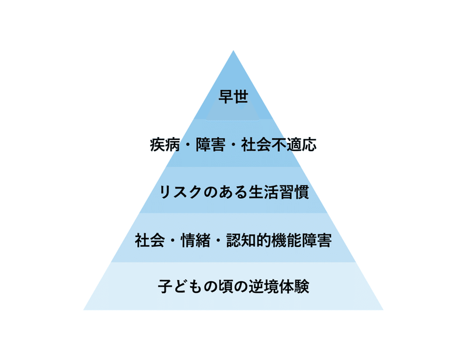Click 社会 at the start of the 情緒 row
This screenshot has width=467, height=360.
point(149,240)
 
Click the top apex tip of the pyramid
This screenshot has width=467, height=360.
point(233,51)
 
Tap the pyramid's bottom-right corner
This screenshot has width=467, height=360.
point(382,309)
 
